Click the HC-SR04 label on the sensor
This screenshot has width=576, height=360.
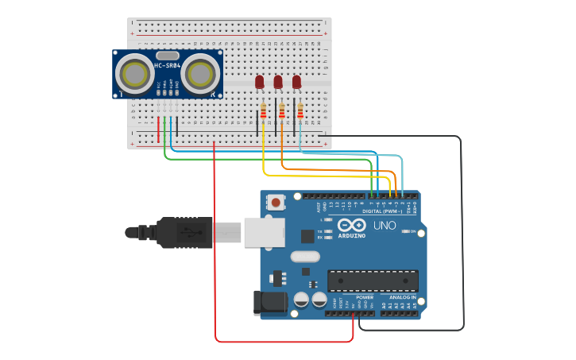click(x=167, y=65)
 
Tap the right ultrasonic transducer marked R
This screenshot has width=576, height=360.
click(x=199, y=75)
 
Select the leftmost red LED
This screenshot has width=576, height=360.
click(x=260, y=81)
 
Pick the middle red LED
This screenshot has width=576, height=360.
click(x=278, y=81)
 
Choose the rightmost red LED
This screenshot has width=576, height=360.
click(x=296, y=81)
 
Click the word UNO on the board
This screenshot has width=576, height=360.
click(x=385, y=226)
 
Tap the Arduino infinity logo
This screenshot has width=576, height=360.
click(x=352, y=225)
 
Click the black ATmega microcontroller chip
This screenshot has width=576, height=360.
click(x=373, y=281)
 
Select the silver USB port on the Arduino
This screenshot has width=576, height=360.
click(x=264, y=231)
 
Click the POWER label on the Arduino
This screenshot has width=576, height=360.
click(x=365, y=296)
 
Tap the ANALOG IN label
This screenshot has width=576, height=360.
click(x=403, y=296)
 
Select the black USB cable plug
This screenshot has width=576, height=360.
click(x=184, y=232)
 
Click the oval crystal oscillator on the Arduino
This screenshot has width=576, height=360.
click(x=304, y=256)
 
